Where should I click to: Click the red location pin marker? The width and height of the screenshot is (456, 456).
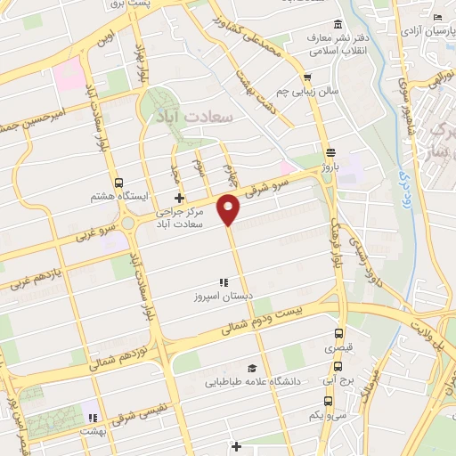230,209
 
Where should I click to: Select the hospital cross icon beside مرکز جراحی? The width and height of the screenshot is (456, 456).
179,198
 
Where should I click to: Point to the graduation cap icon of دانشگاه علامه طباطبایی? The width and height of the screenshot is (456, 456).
252,368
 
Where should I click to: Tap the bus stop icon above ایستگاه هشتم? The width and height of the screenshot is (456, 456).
120,183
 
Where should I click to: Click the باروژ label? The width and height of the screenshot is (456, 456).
331,165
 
